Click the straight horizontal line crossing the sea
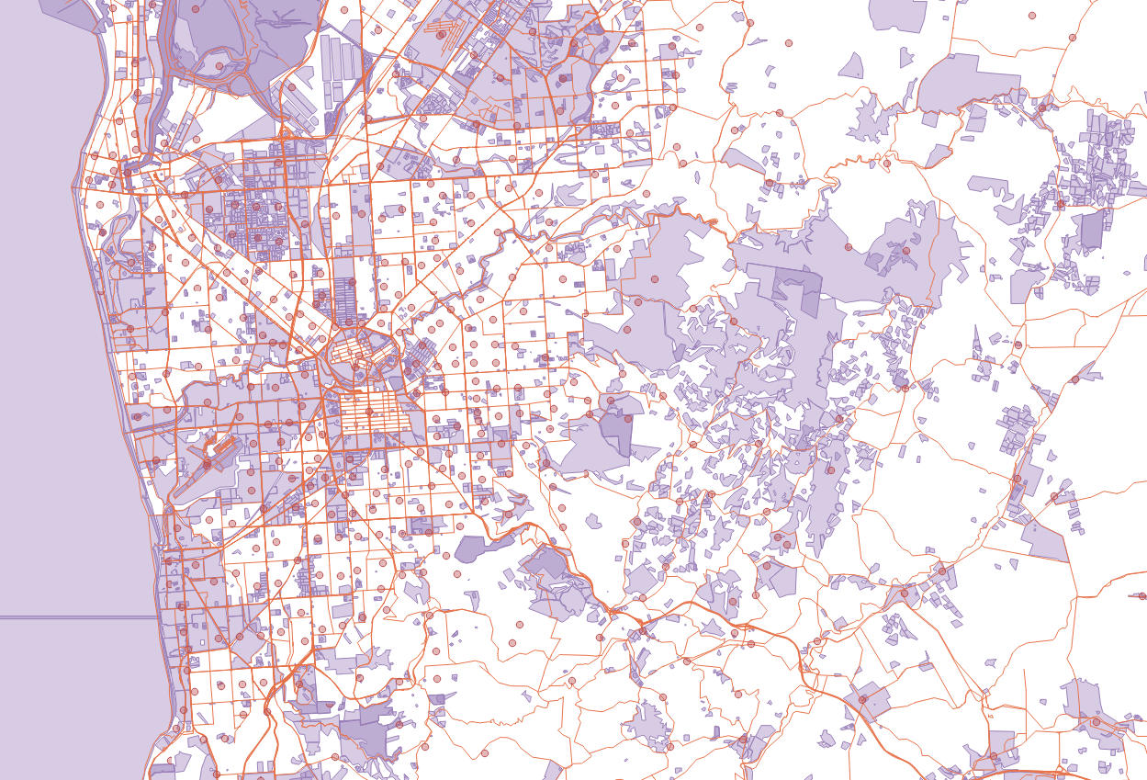pos(73,617)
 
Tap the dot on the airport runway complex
pos(208,464)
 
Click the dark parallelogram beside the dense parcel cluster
pos(1091,230)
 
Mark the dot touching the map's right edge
pos(1142,597)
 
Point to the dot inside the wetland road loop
pos(219,66)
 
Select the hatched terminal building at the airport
pos(220,450)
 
